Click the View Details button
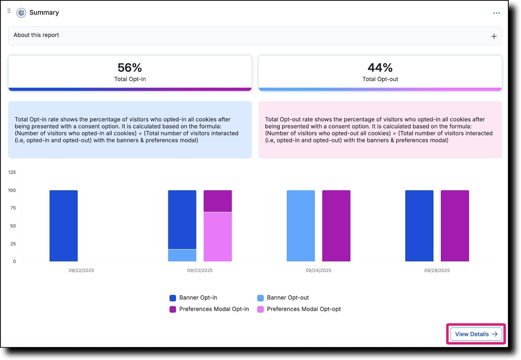[x=476, y=334]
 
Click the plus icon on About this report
[x=494, y=36]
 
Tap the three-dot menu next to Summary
[x=496, y=13]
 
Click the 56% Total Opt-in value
[x=130, y=68]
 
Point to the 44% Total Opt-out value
[x=380, y=68]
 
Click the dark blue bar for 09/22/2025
[x=63, y=226]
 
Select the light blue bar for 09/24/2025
[x=301, y=226]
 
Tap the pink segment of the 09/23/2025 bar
[x=218, y=237]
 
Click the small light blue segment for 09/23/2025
[x=182, y=255]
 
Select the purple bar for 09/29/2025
[x=455, y=226]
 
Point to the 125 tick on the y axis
[x=12, y=172]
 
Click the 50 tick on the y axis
[x=13, y=226]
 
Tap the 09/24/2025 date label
[x=318, y=270]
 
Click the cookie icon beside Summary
[x=21, y=13]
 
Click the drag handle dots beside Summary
[x=9, y=11]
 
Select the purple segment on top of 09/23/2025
[x=218, y=201]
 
